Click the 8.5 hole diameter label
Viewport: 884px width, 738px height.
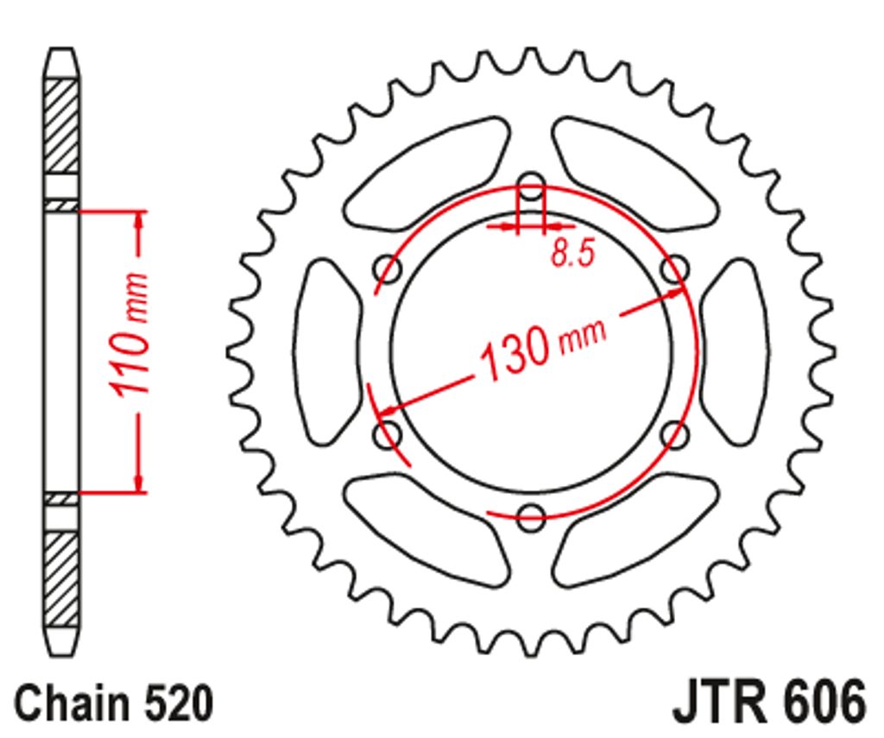click(x=573, y=253)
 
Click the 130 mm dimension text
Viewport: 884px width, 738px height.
click(x=542, y=349)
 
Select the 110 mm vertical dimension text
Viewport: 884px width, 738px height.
click(x=129, y=334)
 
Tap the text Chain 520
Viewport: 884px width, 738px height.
click(x=114, y=703)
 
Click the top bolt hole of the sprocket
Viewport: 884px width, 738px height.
click(x=531, y=187)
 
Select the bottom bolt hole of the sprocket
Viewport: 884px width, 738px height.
click(x=531, y=517)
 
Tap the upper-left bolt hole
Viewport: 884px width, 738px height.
click(x=388, y=270)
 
